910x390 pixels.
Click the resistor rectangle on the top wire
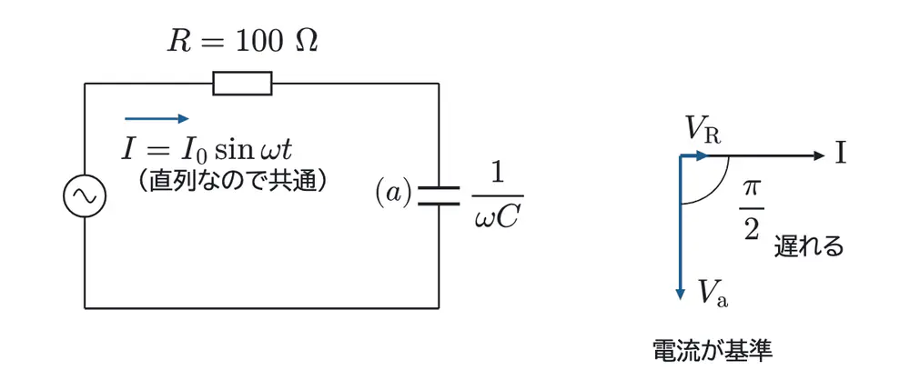tap(243, 84)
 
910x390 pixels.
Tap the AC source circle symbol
tap(84, 195)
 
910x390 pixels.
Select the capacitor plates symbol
tap(439, 195)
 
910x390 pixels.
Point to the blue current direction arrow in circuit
tap(157, 119)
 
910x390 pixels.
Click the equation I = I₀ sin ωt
tap(207, 149)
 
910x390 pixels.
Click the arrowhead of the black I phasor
tap(818, 155)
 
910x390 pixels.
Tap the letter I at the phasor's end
tap(840, 155)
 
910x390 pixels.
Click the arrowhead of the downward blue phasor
tap(679, 295)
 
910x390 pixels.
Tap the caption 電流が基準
tap(713, 350)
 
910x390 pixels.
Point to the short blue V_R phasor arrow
tap(693, 155)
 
